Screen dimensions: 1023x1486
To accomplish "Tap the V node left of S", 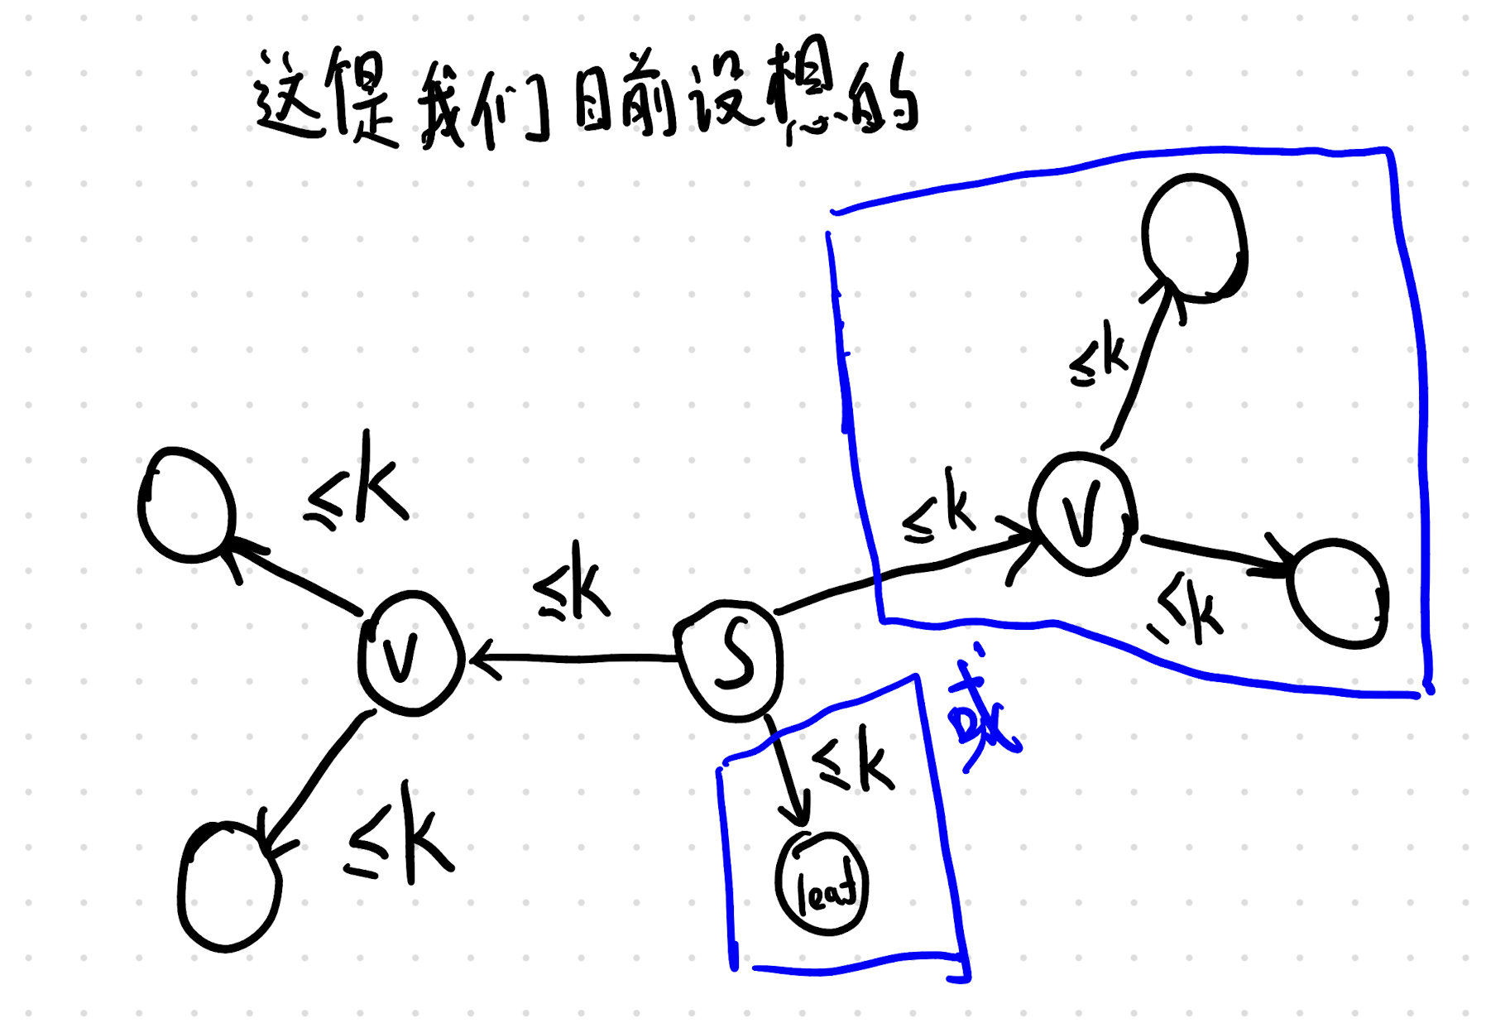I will tap(409, 653).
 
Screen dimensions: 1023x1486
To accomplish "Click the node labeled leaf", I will tap(822, 885).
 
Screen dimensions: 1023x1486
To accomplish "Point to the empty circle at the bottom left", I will tap(228, 886).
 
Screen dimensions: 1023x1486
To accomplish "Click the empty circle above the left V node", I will tap(186, 505).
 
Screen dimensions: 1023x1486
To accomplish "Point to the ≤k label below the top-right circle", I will tap(1098, 356).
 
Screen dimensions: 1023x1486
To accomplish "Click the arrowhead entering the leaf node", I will tap(796, 815).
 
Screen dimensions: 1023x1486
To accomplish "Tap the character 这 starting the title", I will tap(286, 97).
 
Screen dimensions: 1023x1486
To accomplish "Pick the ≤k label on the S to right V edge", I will tap(939, 507).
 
